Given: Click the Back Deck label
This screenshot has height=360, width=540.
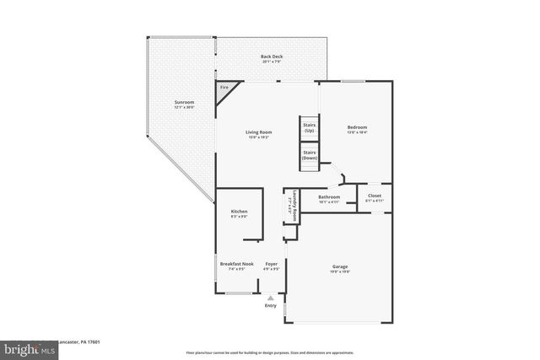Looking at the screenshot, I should (271, 57).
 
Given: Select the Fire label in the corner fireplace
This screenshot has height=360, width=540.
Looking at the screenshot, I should (224, 88).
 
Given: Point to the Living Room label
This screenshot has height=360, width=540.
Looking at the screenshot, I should (258, 132).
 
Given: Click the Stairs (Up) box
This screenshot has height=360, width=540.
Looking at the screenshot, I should (309, 127).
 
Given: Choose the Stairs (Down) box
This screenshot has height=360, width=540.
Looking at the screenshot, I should (309, 155).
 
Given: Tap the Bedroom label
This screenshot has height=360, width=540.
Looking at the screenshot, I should (358, 127).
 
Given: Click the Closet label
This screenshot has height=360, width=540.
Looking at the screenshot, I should (374, 196).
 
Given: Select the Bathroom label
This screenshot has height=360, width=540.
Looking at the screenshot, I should (329, 196).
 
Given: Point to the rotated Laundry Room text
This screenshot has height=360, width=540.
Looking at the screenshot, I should (291, 207).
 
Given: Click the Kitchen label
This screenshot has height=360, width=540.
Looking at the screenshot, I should (239, 212).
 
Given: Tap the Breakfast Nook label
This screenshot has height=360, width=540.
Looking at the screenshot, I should (237, 264).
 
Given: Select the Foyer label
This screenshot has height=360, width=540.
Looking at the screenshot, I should (272, 264).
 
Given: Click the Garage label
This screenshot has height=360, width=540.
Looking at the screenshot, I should (340, 266).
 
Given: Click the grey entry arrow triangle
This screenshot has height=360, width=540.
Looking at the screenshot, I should (271, 297).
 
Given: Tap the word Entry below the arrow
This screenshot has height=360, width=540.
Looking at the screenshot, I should (271, 305).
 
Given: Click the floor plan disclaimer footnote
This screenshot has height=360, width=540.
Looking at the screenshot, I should (270, 352).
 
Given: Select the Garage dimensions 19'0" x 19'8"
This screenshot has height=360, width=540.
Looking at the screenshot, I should (340, 271).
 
